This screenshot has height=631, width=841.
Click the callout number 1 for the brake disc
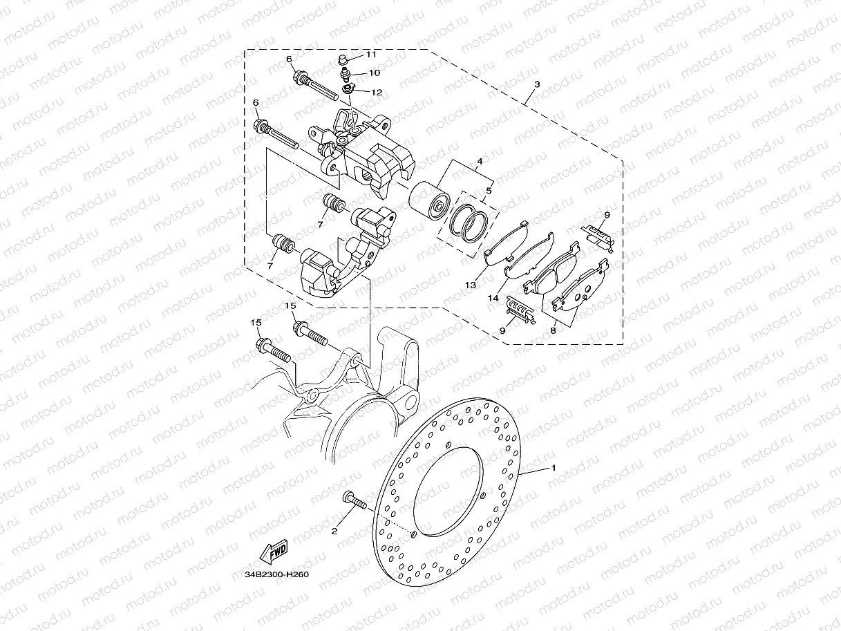(553, 468)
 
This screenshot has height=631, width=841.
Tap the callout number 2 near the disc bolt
(334, 531)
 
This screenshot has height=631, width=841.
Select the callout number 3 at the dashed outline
(537, 84)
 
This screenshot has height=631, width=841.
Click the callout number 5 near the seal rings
(489, 190)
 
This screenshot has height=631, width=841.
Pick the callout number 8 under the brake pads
(552, 331)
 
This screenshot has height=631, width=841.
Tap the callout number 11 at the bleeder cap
(371, 54)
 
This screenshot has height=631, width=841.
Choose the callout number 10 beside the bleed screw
(374, 73)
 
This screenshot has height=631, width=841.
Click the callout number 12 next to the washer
(377, 92)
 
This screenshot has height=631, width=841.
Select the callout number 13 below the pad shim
(471, 284)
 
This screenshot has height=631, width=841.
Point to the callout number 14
(493, 298)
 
